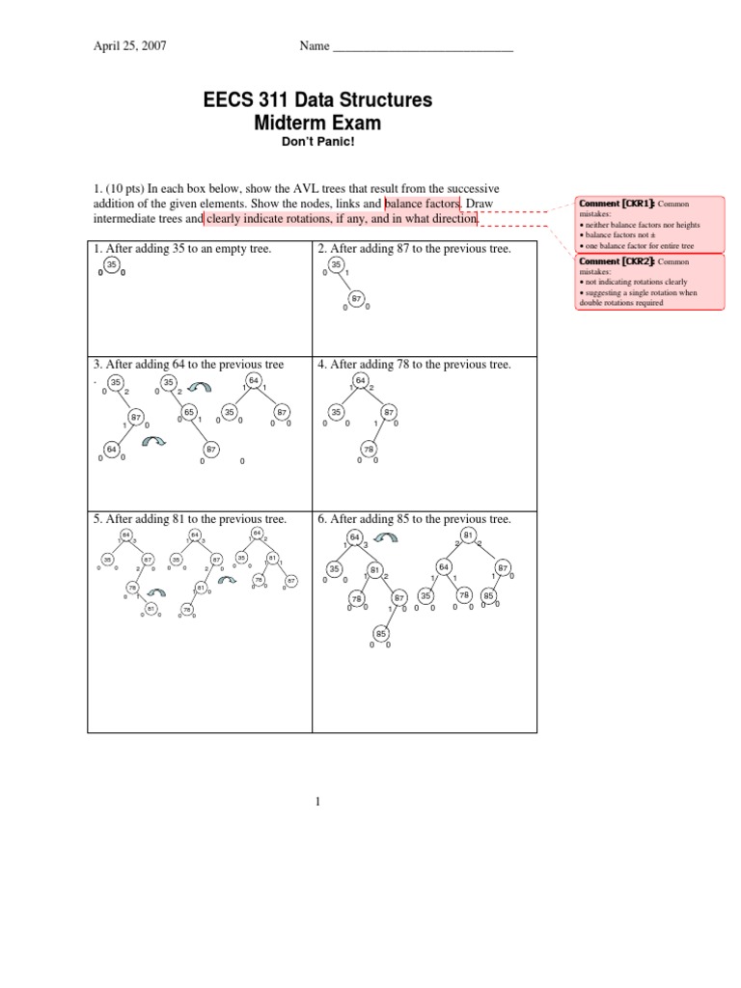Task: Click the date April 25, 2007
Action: pos(129,45)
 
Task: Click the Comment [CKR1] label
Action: pos(616,204)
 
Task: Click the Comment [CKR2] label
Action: pos(616,261)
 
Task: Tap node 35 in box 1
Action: pos(111,264)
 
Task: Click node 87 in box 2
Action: pos(356,299)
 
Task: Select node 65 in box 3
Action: pos(189,412)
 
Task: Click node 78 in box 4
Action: pos(368,450)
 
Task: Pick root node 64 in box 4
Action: pos(360,380)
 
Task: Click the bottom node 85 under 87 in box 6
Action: pos(381,634)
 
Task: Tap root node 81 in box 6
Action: pos(468,535)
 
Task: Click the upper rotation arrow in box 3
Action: pos(201,386)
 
